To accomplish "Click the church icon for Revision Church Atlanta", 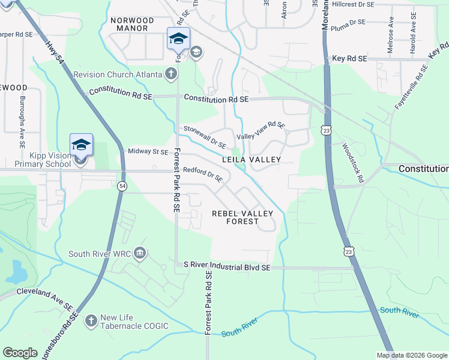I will coord(171,74).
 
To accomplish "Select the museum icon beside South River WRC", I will coord(140,253).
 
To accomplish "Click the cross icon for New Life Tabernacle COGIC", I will coord(91,321).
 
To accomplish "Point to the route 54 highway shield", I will coord(122,187).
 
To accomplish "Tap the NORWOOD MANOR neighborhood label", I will coord(133,24).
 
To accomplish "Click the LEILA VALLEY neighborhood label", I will coord(252,160).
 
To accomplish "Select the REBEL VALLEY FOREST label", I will coord(243,217).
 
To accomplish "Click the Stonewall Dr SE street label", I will coord(205,136).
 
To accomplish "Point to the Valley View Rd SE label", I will coord(261,130).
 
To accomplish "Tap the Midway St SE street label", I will coord(148,152).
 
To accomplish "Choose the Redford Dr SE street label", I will coord(203,175).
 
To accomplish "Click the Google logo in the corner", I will coord(20,352).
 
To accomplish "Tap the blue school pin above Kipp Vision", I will coord(81,145).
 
